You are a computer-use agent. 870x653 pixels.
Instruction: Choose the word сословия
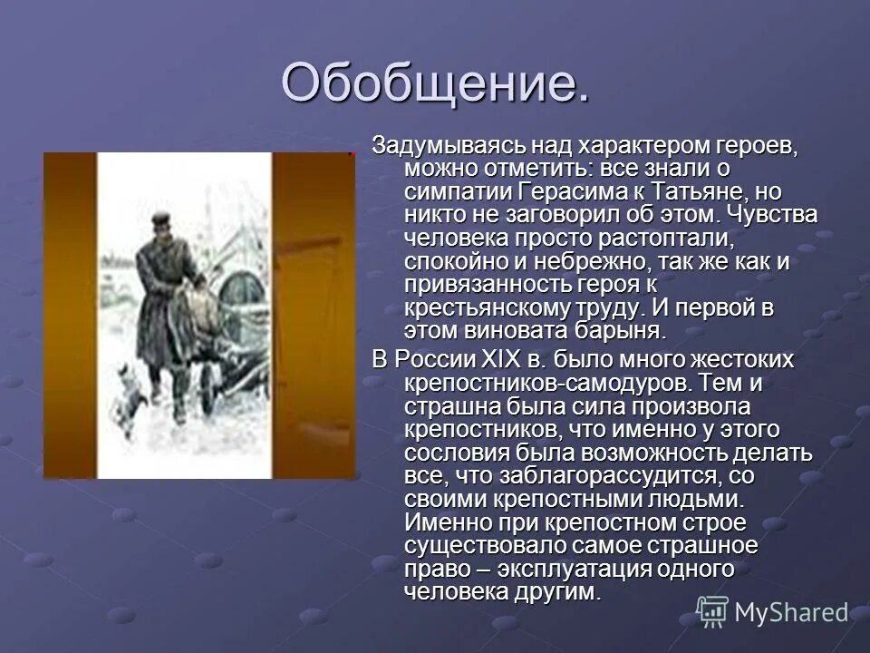pos(459,453)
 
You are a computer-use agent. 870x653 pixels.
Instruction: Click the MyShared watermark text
pos(790,613)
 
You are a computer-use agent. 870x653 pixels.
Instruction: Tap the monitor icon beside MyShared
pos(712,612)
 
